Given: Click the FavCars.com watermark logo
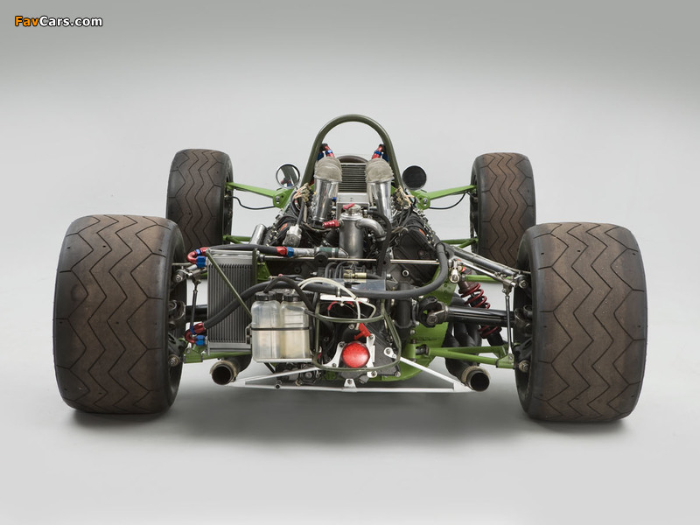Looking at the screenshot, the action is pos(59,21).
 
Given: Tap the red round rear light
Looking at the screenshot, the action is pos(355,355).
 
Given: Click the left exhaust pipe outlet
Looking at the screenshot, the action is pos(222,373).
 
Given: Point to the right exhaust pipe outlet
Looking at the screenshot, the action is pos(475,379).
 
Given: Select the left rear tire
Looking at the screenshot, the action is pos(119,314).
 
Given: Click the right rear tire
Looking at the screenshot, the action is pos(581,321).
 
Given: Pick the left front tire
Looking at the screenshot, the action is pos(199,198).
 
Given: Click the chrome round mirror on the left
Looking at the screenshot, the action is pos(288,176).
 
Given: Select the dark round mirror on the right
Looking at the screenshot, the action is pos(414,178).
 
